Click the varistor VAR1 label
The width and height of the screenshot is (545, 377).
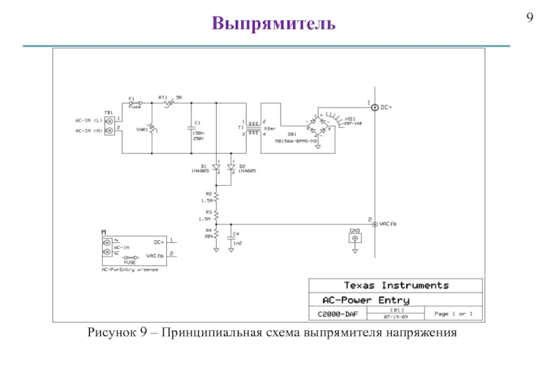click(x=142, y=129)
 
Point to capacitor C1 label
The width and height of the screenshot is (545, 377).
click(x=198, y=122)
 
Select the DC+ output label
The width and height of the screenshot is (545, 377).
click(x=386, y=107)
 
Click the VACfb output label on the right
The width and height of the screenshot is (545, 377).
click(x=388, y=223)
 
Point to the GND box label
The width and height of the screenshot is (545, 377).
click(x=354, y=231)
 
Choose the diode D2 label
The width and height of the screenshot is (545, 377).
click(x=243, y=165)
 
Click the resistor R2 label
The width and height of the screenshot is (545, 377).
click(x=207, y=195)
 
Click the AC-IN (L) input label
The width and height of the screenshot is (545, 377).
click(x=89, y=120)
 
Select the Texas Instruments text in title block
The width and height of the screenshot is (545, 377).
click(x=396, y=285)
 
